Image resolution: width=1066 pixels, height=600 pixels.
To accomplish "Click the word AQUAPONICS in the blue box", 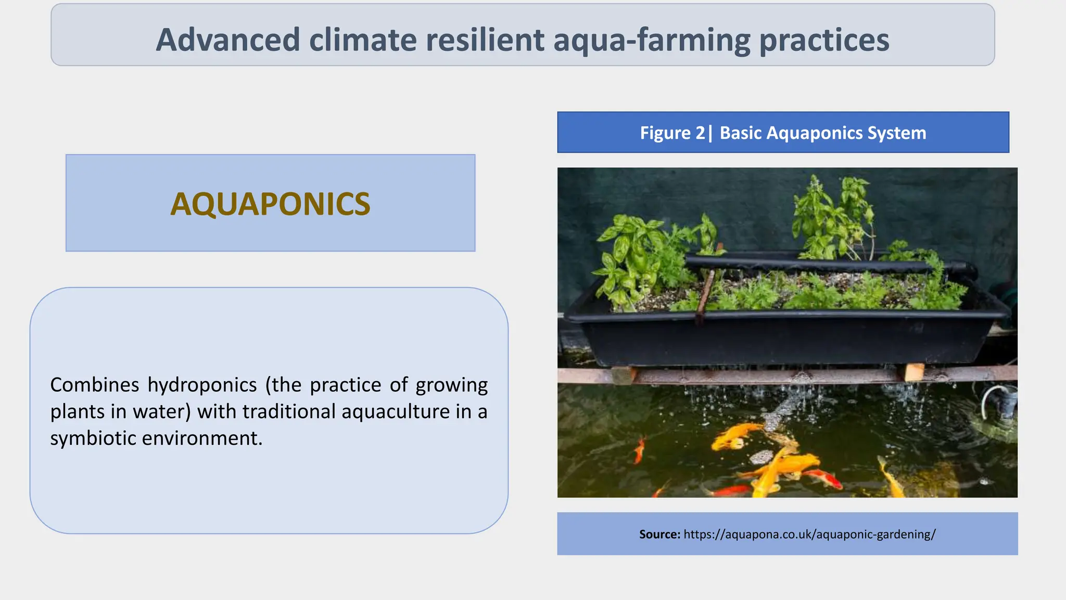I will (x=270, y=204).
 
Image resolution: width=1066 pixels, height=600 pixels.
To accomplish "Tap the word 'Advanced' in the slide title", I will (x=228, y=40).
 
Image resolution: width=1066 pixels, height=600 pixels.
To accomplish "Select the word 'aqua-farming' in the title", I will (x=651, y=40).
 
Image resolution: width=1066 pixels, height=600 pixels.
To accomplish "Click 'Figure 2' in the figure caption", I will (x=672, y=133).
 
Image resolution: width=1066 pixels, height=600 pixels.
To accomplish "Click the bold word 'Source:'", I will (x=659, y=534).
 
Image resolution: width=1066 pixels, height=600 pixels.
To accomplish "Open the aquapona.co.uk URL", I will (x=809, y=534).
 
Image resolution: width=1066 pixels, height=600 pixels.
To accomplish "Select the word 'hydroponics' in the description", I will (x=202, y=385).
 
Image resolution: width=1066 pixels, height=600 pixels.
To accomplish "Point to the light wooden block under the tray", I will (x=913, y=372).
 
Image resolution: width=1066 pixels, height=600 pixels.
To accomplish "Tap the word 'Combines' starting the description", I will (x=94, y=385).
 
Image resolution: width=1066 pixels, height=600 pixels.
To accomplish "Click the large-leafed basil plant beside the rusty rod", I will (x=630, y=255).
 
